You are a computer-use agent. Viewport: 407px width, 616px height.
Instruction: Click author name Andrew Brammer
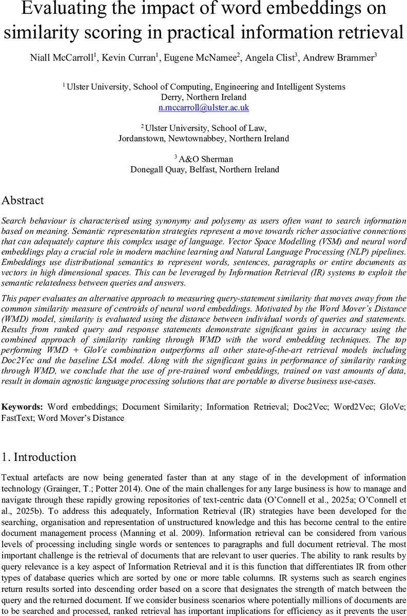pyautogui.click(x=339, y=57)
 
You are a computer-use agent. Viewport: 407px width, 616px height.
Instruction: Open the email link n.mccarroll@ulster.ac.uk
pyautogui.click(x=204, y=108)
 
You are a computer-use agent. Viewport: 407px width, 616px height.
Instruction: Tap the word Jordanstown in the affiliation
pyautogui.click(x=142, y=139)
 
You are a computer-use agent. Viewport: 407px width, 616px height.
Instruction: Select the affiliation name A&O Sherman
pyautogui.click(x=206, y=159)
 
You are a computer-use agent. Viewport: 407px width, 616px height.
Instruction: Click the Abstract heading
pyautogui.click(x=23, y=201)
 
